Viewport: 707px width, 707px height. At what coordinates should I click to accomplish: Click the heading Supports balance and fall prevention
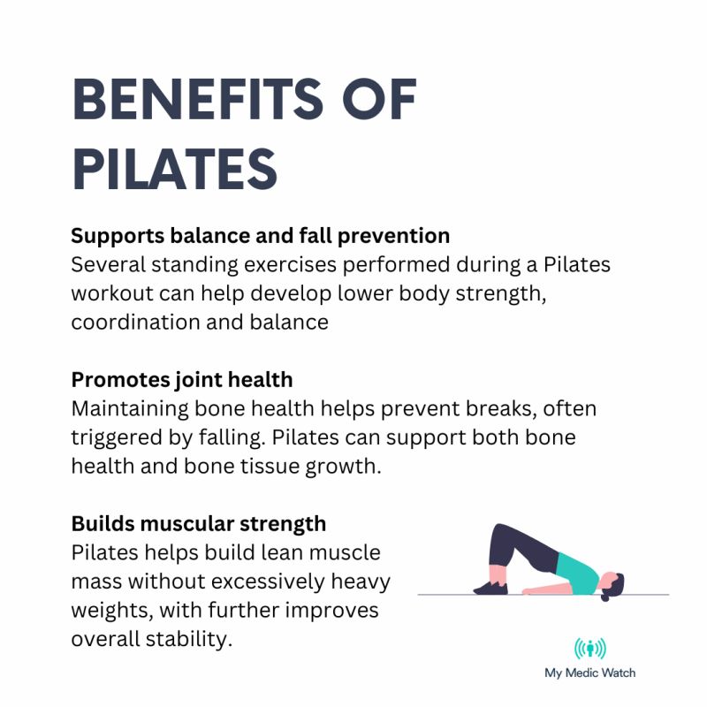pos(261,236)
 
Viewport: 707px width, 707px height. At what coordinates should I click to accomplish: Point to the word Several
pos(113,264)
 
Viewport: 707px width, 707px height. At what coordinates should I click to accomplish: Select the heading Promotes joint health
pos(182,380)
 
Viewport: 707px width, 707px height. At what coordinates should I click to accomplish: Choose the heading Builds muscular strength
pos(199,524)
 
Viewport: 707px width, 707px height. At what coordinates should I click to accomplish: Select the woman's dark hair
pos(617,584)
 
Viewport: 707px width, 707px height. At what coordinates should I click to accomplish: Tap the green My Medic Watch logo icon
pos(589,650)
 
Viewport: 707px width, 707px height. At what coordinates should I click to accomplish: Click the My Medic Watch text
pos(589,673)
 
